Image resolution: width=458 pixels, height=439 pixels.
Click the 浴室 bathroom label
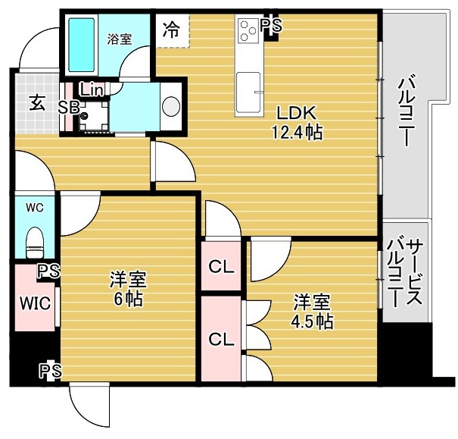click(119, 39)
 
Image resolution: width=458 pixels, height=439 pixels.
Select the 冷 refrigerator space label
click(172, 30)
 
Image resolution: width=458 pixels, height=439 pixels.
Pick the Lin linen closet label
click(91, 89)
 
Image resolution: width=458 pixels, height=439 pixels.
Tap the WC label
click(35, 207)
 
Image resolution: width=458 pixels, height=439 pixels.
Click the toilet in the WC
click(35, 243)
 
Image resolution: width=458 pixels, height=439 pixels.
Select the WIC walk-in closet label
click(34, 303)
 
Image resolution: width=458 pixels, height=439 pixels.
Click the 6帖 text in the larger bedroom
click(126, 298)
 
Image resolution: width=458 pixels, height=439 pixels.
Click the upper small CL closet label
click(221, 266)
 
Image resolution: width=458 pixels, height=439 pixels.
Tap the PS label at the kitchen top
click(270, 26)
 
